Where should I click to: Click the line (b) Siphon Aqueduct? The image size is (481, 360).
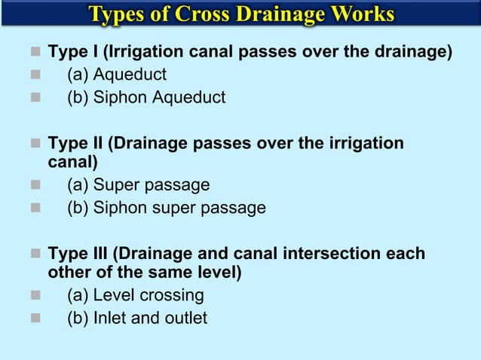pos(146,97)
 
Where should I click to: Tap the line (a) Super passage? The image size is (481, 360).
pos(138,185)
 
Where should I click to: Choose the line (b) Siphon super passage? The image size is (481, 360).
pos(166,208)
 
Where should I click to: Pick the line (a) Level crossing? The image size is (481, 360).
pos(135,295)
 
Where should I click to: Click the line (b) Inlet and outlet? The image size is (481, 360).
pos(136,318)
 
